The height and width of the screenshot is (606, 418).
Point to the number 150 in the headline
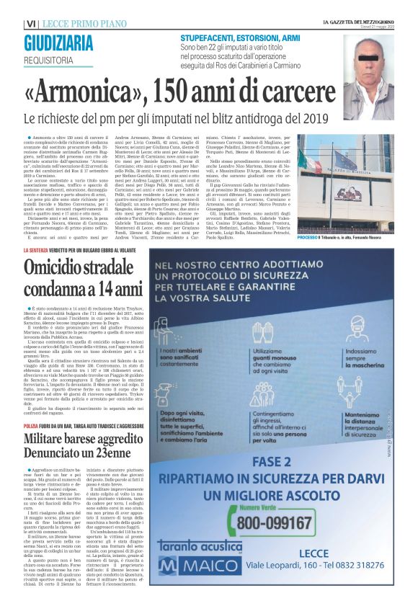(x=203, y=92)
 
